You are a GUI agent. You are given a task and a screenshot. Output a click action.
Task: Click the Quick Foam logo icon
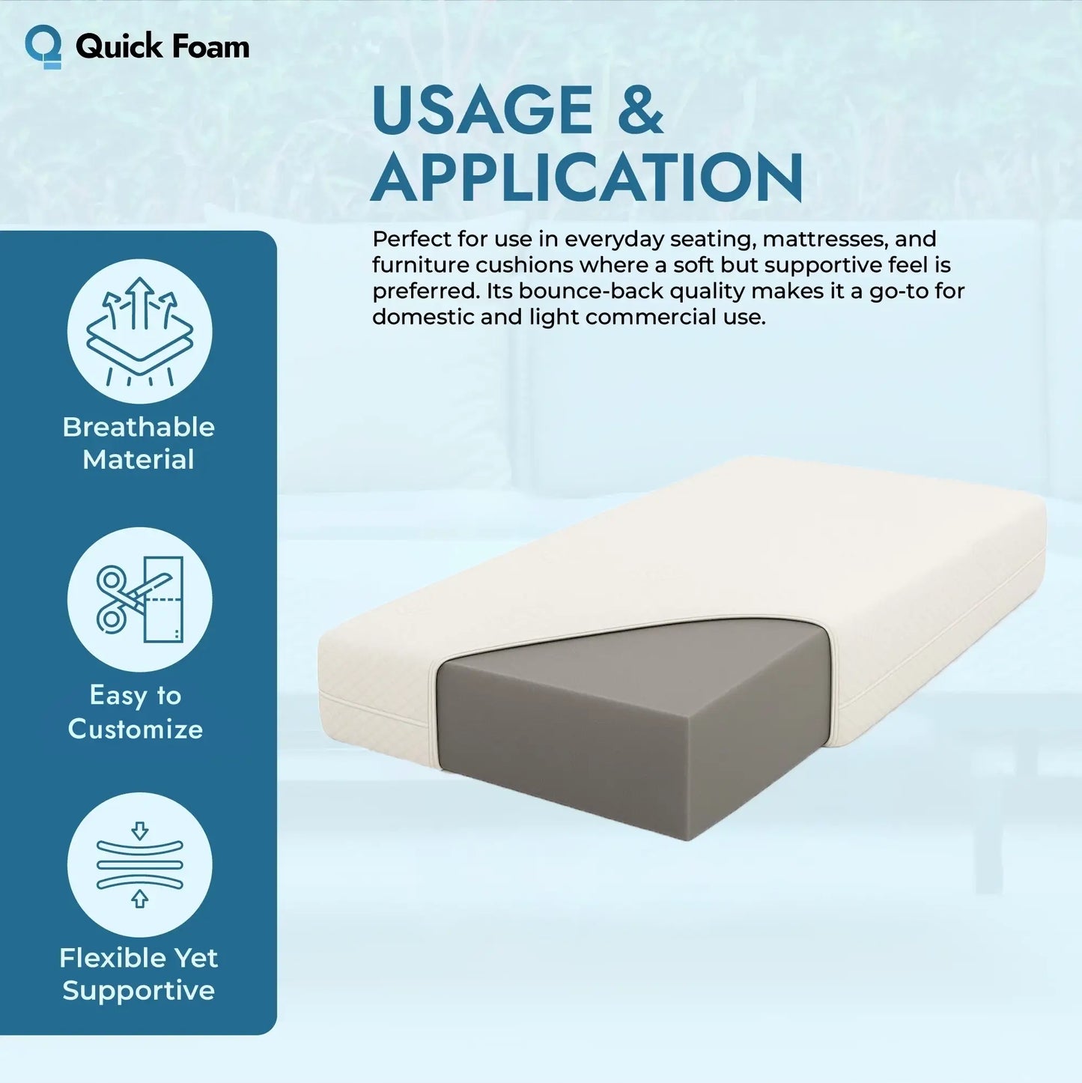(43, 46)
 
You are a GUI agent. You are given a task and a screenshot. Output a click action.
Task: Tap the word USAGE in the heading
(481, 111)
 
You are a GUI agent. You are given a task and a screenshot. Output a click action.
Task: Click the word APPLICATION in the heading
(586, 178)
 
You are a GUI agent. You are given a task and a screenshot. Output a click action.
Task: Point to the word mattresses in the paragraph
(824, 239)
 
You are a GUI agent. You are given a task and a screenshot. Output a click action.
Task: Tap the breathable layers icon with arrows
(140, 331)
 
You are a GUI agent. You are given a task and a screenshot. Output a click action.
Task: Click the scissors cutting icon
(140, 599)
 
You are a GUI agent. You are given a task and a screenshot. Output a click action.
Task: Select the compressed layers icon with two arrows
(140, 864)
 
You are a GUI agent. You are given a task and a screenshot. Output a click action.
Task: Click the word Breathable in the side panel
(139, 427)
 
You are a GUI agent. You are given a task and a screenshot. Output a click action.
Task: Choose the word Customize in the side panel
(136, 729)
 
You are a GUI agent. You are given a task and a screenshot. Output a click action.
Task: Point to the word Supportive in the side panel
(139, 991)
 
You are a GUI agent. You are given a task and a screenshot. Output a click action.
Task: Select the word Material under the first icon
(139, 459)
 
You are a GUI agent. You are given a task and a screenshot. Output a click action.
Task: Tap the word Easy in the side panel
(118, 696)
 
